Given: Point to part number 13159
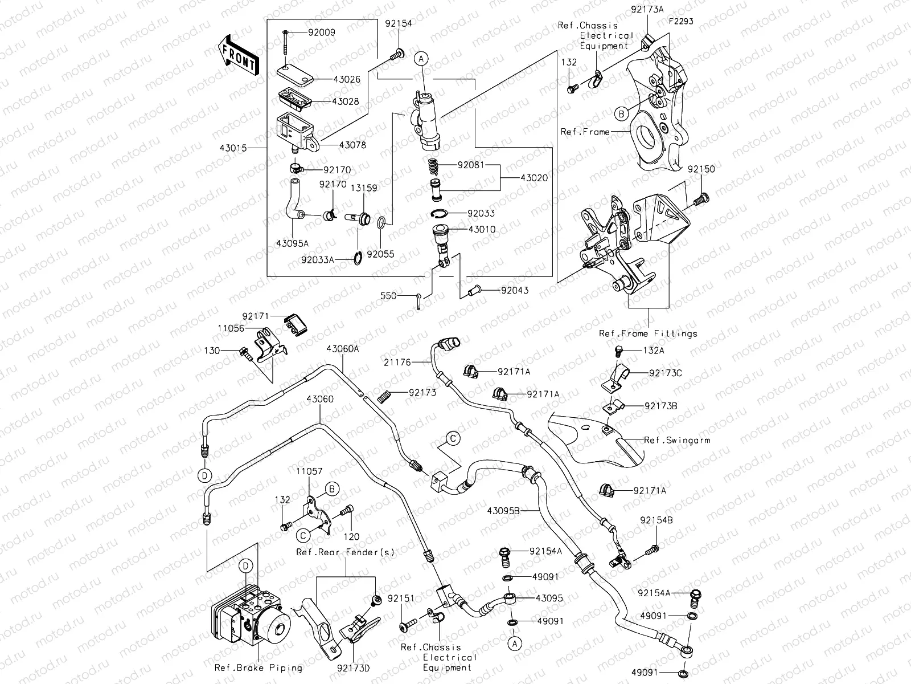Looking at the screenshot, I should pos(363,188).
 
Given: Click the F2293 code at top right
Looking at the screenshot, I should pos(681,21).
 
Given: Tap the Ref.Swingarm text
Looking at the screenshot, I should pos(676,440).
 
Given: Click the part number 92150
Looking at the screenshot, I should pos(701,170).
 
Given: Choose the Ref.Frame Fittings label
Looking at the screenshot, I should pos(647,333).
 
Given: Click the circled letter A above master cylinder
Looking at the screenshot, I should pos(420,58).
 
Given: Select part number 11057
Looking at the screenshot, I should pos(309,472).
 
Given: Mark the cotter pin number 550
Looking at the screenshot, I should pos(388,296).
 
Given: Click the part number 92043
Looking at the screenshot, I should pos(515,290).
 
